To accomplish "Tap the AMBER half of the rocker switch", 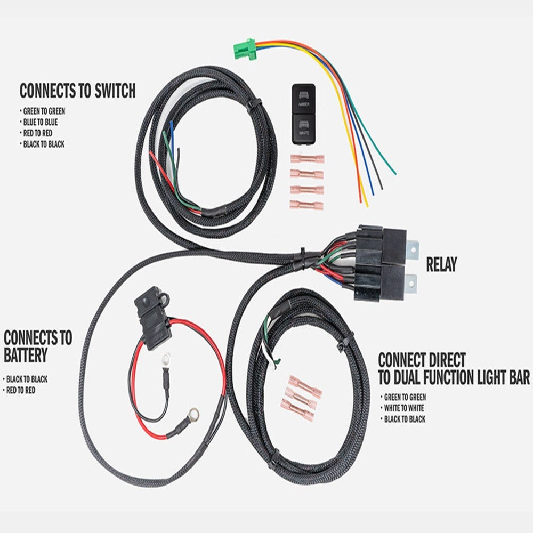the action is pos(304,99).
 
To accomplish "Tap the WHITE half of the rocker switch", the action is pos(304,129).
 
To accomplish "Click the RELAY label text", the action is pos(441,264).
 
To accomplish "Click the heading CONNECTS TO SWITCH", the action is pos(77,91).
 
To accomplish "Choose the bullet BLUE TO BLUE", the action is pos(40,122).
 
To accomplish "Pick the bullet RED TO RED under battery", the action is pos(20,390).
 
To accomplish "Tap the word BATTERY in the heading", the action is pos(26,355).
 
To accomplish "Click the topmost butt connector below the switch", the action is pos(307,159).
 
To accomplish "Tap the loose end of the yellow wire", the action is pos(367,206).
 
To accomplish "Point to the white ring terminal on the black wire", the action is pos(166,359).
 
